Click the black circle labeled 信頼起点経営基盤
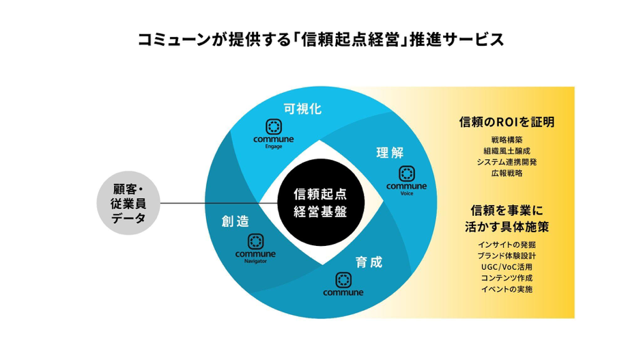(x=319, y=202)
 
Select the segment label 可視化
(x=302, y=109)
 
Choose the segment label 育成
(x=369, y=262)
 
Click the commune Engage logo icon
(x=274, y=126)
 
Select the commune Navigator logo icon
(x=255, y=241)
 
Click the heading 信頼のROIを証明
(x=506, y=122)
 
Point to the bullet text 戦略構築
(x=506, y=140)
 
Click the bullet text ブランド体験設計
(x=506, y=255)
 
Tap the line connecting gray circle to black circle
(x=212, y=202)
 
